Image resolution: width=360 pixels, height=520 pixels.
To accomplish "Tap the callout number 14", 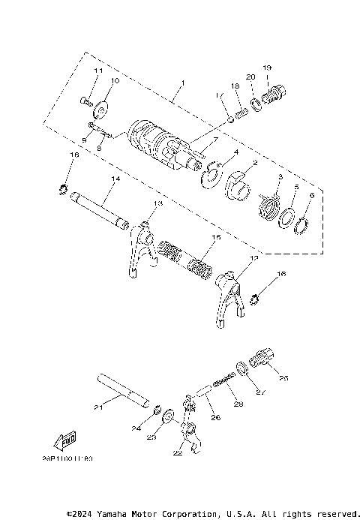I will pos(114,179).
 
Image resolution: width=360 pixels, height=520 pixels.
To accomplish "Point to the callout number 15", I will pos(216,237).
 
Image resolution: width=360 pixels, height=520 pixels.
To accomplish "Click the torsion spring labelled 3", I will pos(268,204).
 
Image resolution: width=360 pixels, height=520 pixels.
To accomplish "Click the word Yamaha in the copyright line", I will pos(115,514).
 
